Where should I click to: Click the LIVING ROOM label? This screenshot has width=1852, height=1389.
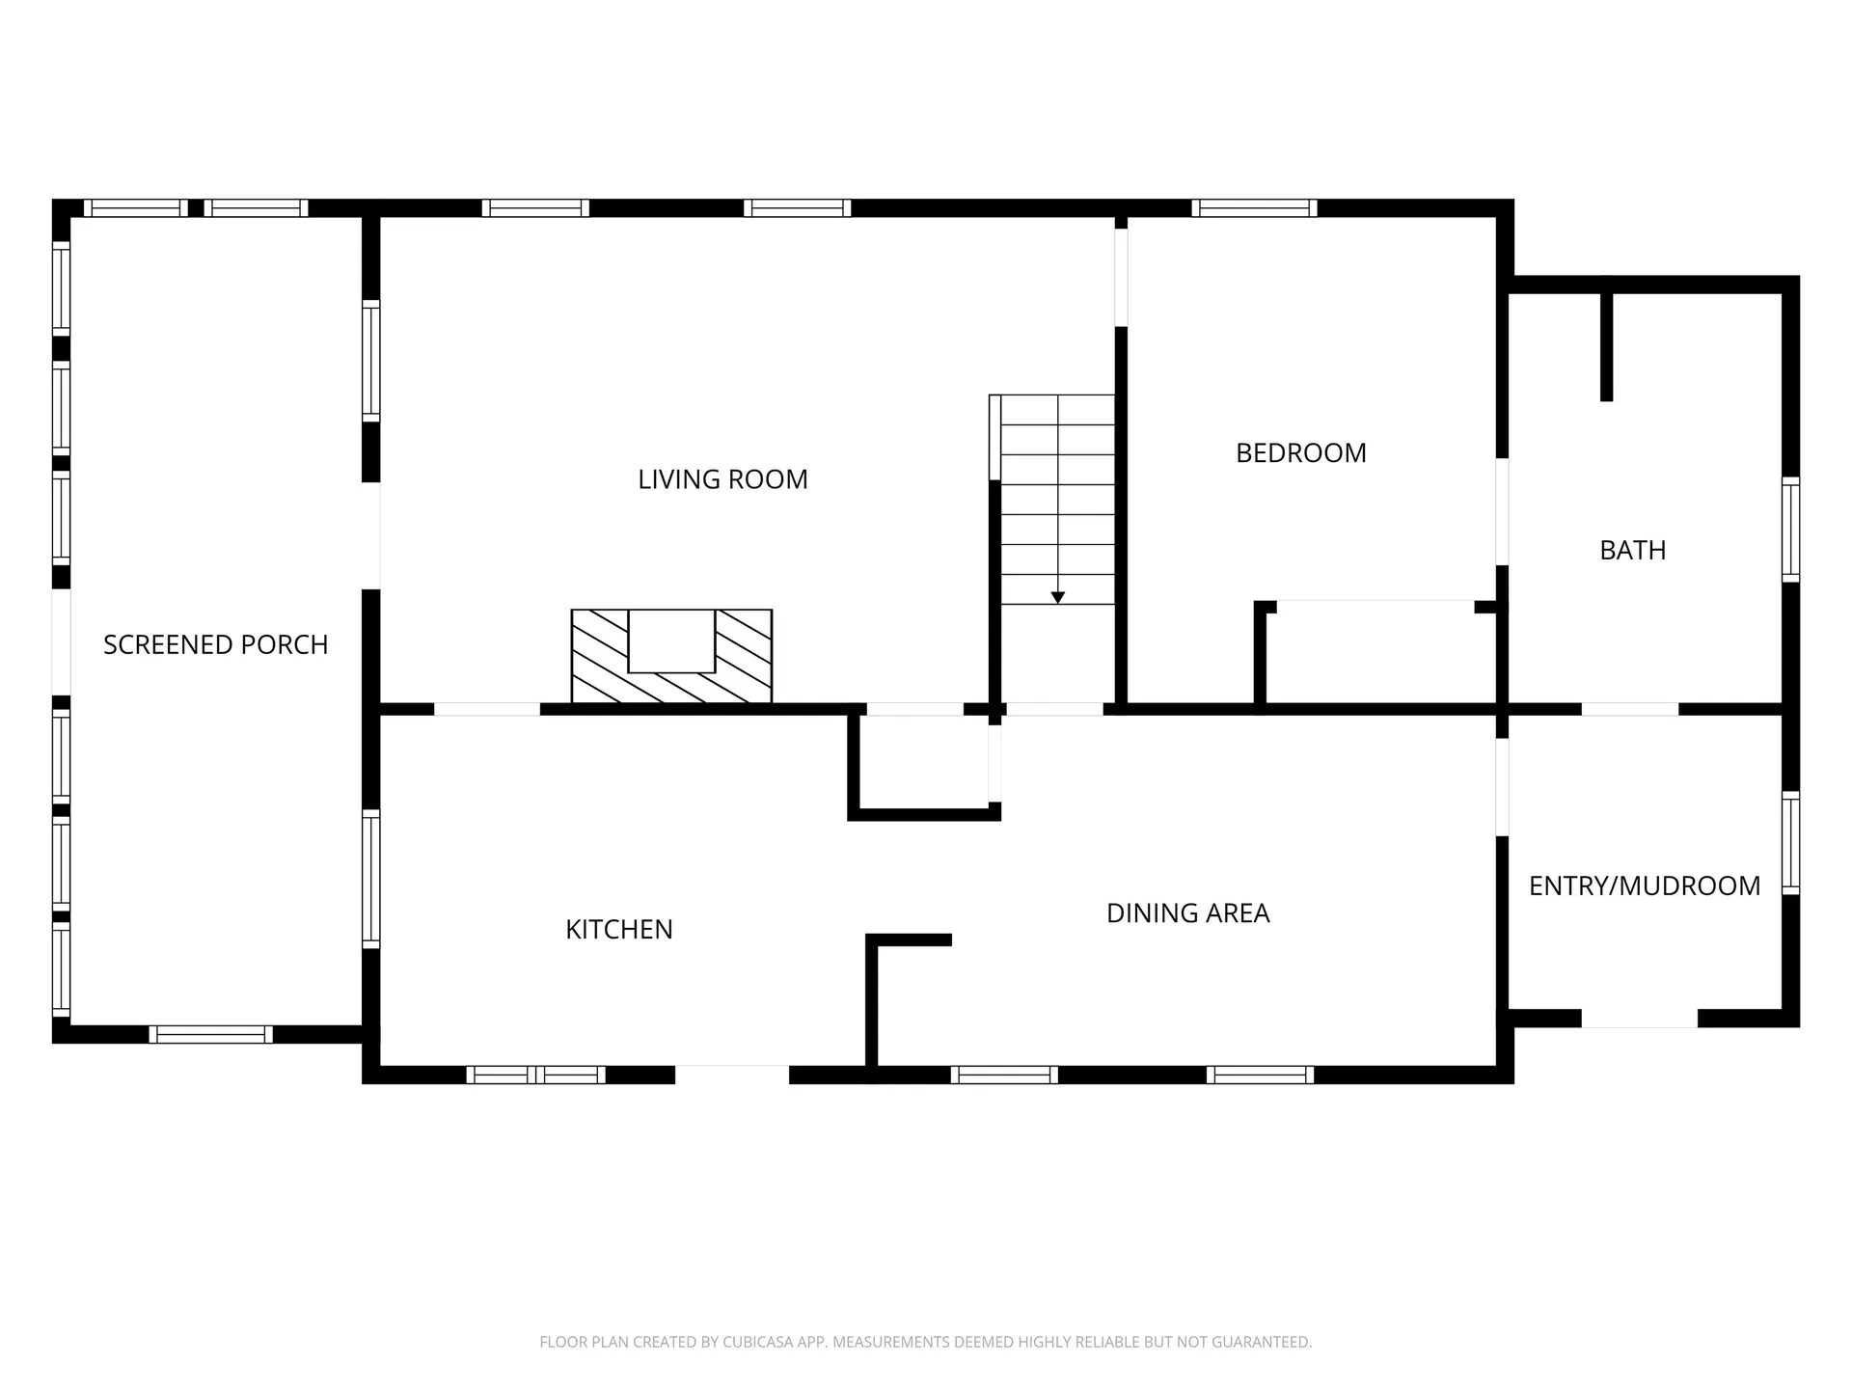point(722,479)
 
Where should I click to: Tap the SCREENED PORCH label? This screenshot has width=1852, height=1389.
point(216,644)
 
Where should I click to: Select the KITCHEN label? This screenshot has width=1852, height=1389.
point(619,929)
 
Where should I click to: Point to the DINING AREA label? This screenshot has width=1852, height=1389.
point(1188,913)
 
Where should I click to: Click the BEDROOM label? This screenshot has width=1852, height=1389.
point(1301,453)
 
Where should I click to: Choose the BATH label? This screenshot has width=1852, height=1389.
point(1633,550)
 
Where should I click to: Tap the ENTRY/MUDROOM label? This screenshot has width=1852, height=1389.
point(1645,885)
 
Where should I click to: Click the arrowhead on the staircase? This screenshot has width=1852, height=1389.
point(1058,598)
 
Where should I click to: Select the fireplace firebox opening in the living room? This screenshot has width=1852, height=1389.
point(671,640)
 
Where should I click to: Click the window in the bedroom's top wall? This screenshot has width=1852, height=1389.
point(1254,207)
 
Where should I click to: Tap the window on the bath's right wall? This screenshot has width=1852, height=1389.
point(1790,530)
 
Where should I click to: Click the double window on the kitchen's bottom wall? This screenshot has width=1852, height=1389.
point(536,1075)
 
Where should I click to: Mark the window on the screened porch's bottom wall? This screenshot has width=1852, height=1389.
point(210,1034)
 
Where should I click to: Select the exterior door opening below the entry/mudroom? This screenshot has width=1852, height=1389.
point(1640,1019)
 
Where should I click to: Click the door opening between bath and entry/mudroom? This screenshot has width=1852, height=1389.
point(1630,709)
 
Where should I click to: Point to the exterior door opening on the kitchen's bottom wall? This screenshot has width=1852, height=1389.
point(732,1075)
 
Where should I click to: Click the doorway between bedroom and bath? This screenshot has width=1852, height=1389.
point(1502,511)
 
